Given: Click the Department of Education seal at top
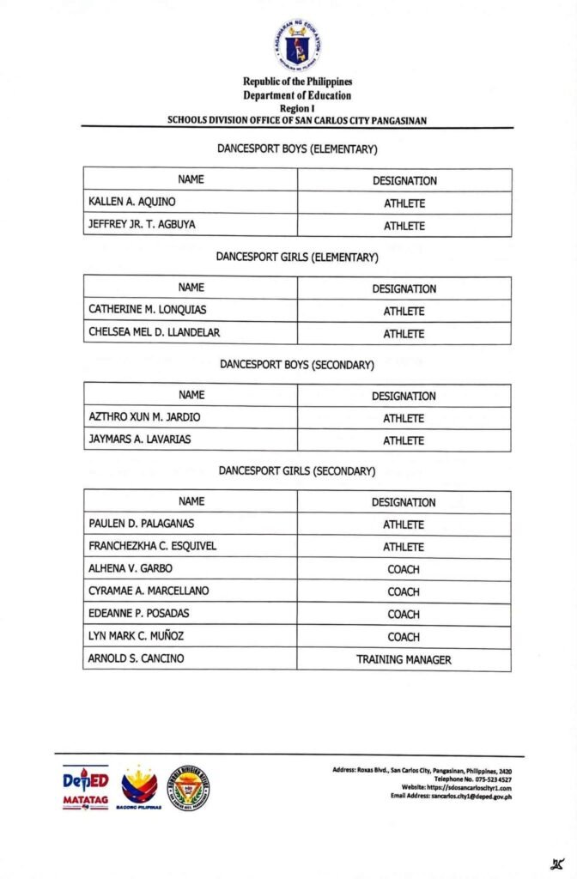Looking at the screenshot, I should [297, 44].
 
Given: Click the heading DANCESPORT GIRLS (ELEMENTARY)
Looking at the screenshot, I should [297, 258].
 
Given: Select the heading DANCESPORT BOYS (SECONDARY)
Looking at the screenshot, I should [297, 365].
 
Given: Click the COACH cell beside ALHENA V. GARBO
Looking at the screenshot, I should [404, 569].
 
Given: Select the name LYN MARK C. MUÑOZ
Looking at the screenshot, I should [136, 637].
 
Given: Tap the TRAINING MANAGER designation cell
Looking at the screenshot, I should [404, 659].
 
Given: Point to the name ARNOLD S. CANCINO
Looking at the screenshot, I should [136, 659].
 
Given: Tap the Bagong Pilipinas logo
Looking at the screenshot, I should [140, 788].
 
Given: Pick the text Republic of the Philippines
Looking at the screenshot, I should [297, 82].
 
